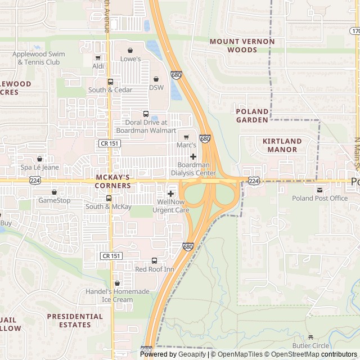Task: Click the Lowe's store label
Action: pos(130,58)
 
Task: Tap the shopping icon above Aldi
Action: pos(98,57)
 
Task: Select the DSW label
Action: pos(156,87)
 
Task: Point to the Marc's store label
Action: pos(186,145)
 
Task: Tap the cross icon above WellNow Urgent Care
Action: pos(170,193)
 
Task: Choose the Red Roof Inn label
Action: pos(155,269)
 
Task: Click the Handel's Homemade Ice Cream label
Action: pos(118,295)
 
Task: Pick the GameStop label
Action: pos(55,200)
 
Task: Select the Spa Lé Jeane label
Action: pos(39,168)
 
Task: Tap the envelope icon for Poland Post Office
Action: pos(319,190)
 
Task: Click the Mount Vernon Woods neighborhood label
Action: pos(242,46)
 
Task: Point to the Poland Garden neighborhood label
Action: pos(252,115)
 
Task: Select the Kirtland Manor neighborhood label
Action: pos(282,145)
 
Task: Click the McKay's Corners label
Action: pos(112,181)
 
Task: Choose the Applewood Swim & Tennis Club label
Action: pos(38,58)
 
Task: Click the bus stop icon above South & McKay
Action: pos(109,198)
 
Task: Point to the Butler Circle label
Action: pos(310,345)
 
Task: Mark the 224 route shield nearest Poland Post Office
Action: pos(254,181)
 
